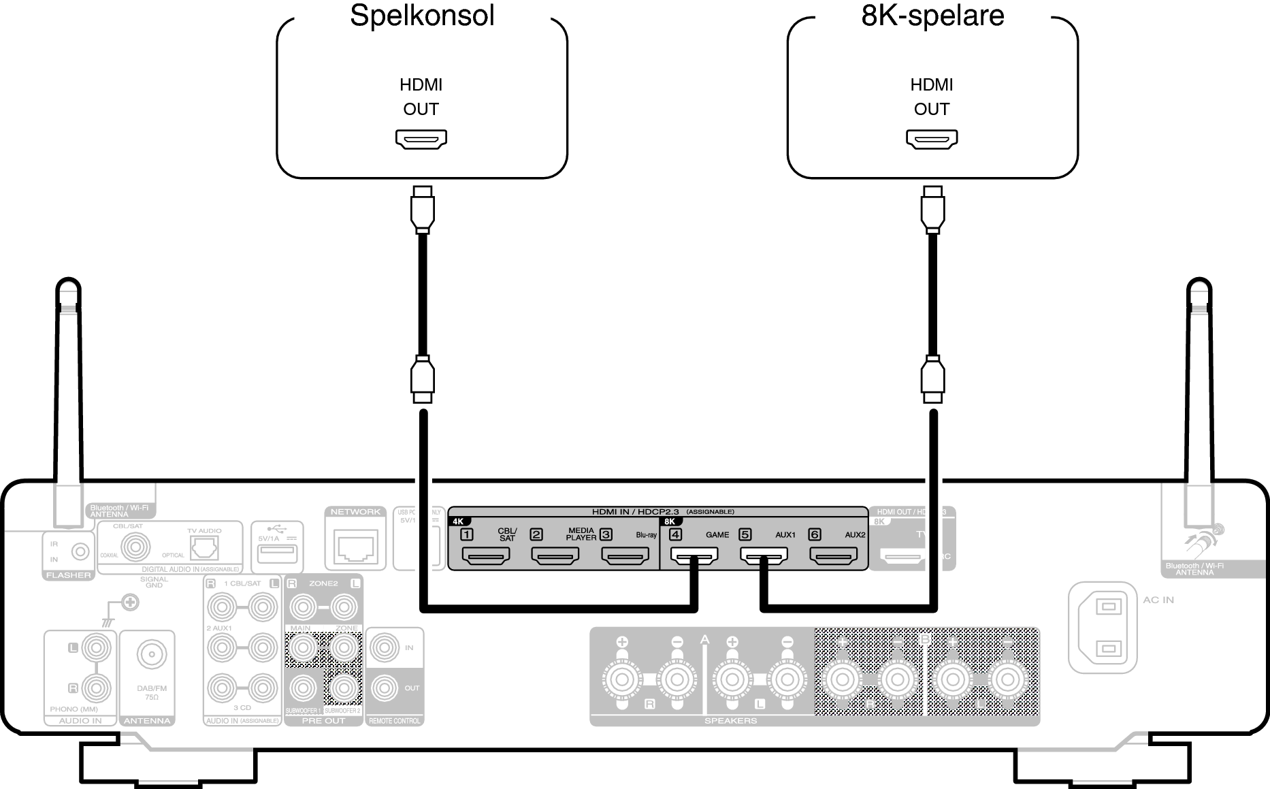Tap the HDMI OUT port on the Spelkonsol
click(x=421, y=139)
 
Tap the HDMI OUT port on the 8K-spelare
click(x=932, y=139)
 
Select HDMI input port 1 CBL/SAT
click(x=486, y=558)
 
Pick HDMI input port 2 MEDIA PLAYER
click(x=555, y=558)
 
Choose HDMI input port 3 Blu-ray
click(x=625, y=558)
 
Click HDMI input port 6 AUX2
click(x=833, y=558)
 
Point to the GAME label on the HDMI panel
click(x=717, y=535)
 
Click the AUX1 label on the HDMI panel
click(x=785, y=535)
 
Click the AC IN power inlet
click(x=1103, y=627)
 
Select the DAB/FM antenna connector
click(x=151, y=656)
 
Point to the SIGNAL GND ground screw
click(x=130, y=602)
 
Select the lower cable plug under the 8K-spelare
click(x=932, y=380)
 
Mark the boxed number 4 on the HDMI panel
click(x=675, y=534)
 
